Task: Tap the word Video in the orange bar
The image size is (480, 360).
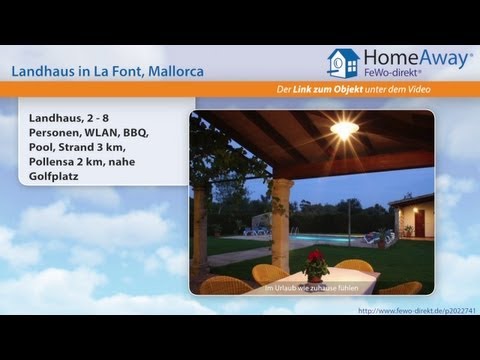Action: [451, 91]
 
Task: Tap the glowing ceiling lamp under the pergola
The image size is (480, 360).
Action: [344, 131]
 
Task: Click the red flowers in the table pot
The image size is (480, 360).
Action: [317, 259]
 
